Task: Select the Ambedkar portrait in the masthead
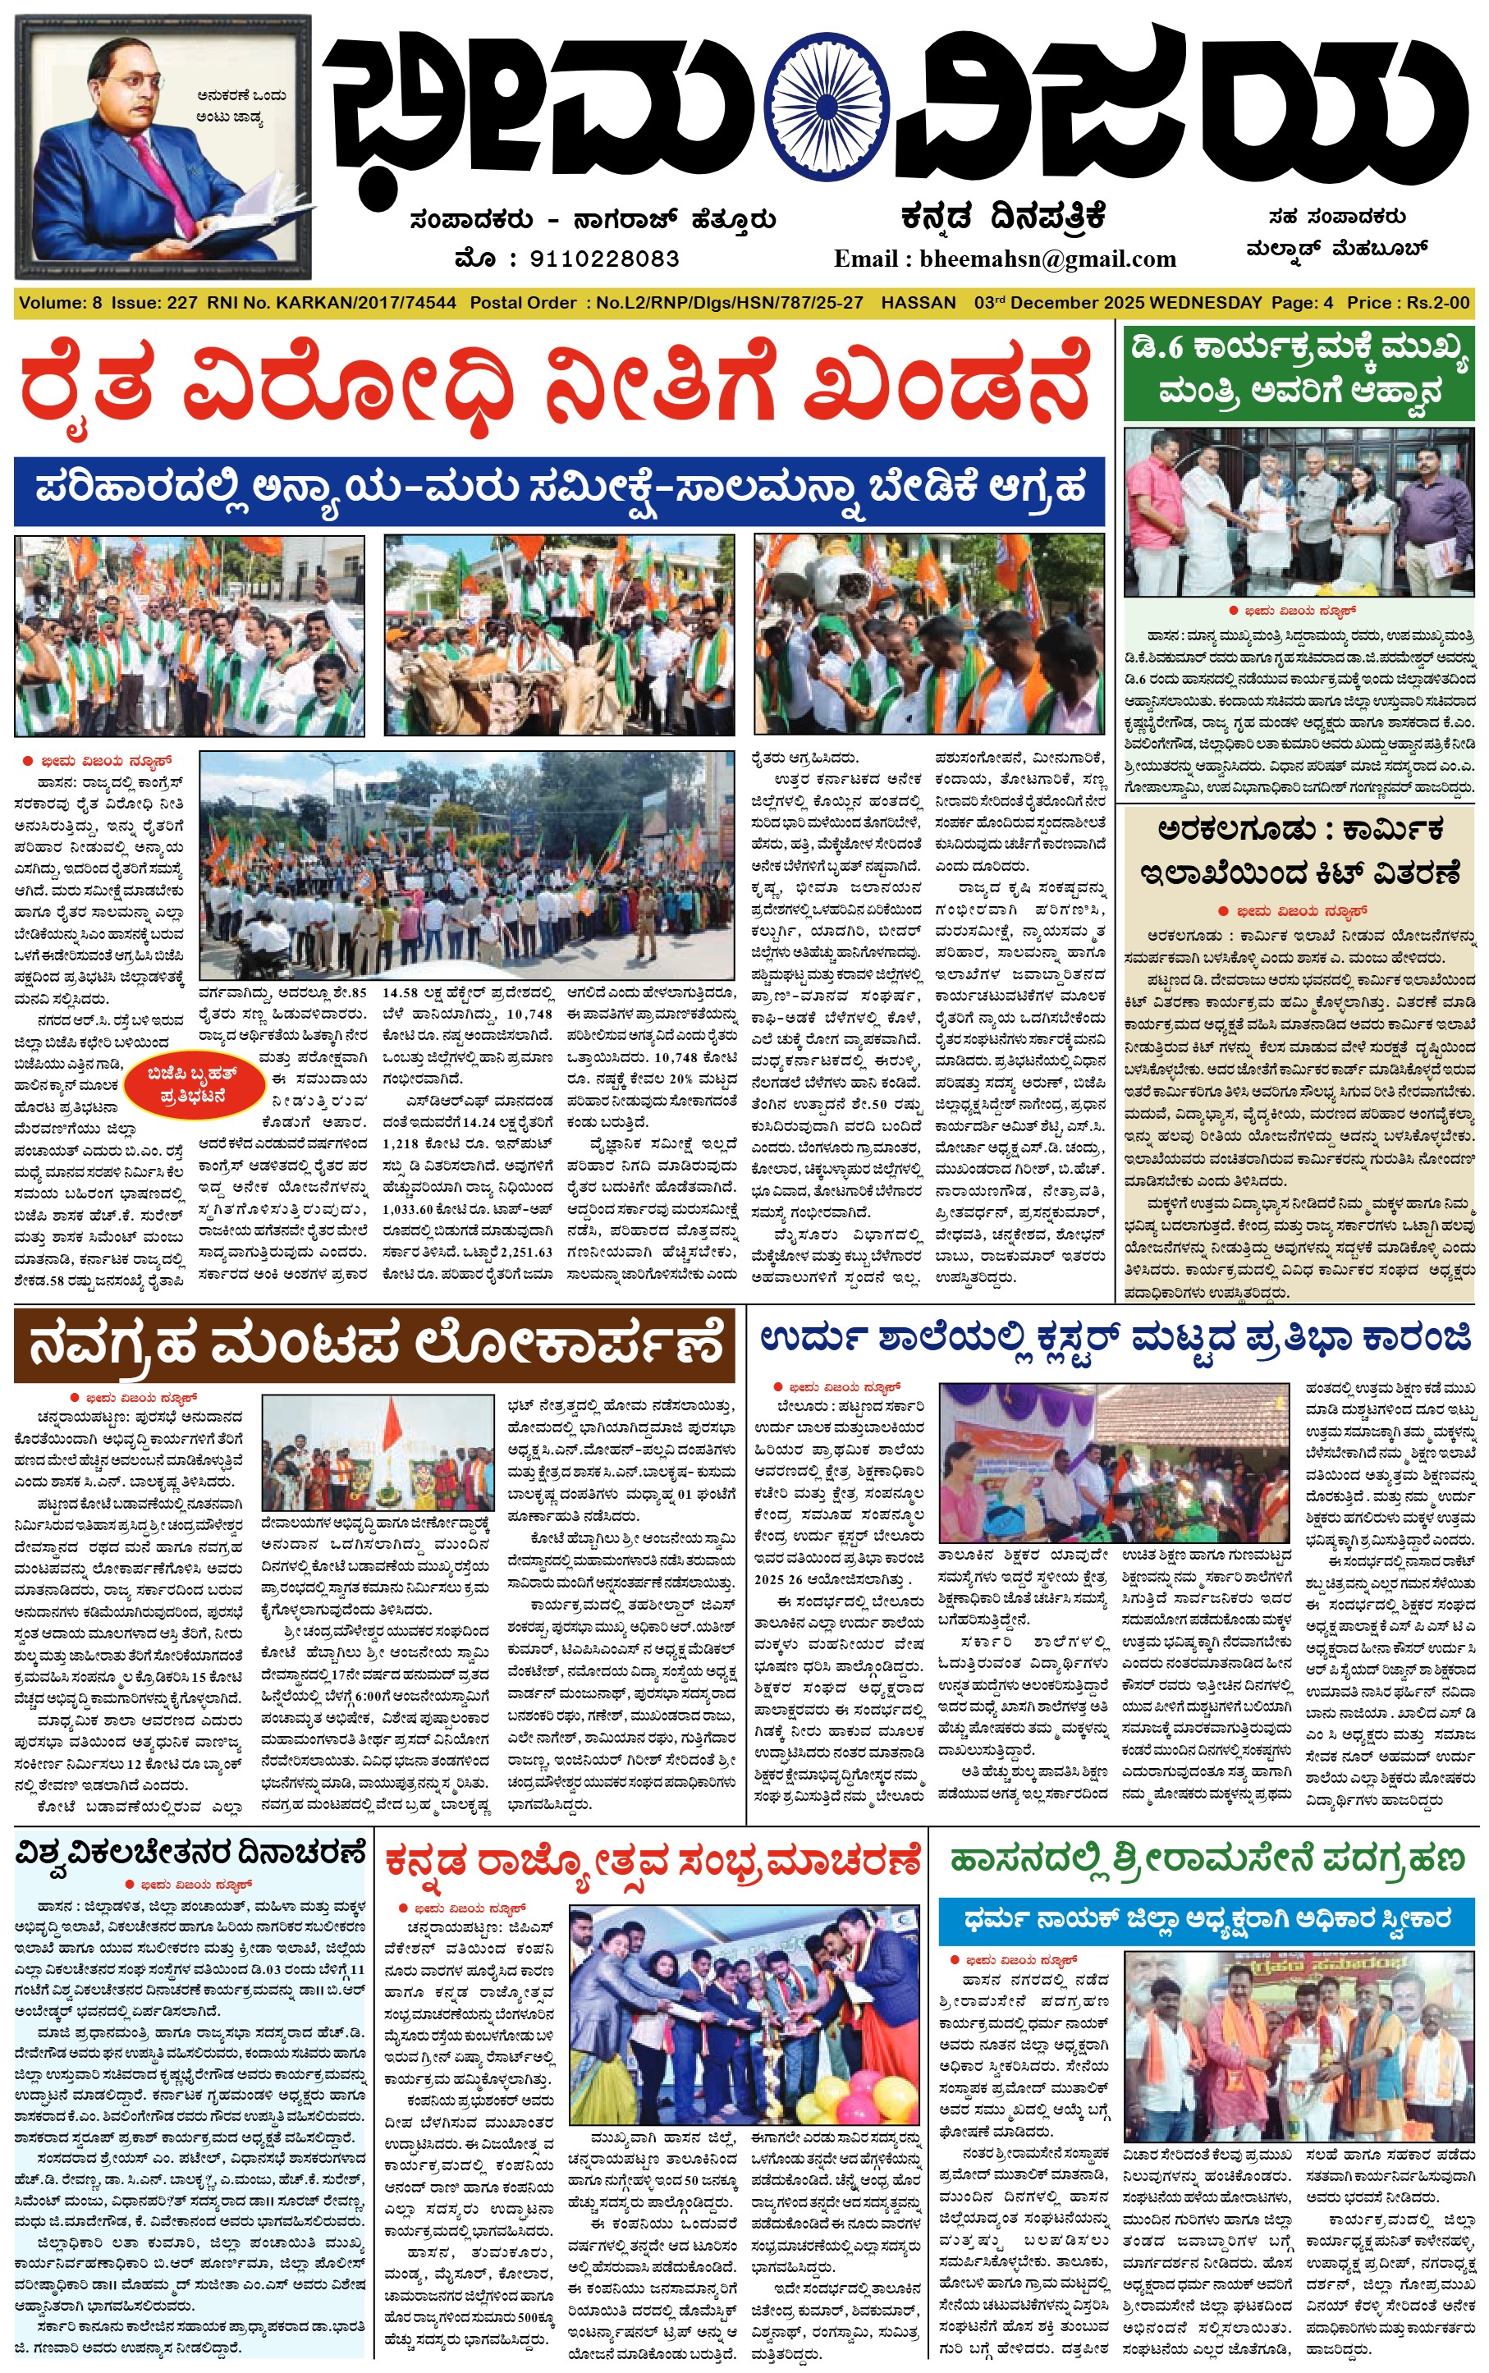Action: click(x=163, y=148)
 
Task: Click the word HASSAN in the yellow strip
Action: click(x=918, y=303)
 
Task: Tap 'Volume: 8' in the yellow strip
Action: click(x=60, y=303)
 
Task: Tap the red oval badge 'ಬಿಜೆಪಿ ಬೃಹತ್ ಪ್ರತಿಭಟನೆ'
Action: click(x=192, y=1084)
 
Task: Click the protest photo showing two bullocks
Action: click(x=558, y=635)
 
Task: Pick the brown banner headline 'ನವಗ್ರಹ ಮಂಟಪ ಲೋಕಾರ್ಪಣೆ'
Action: click(x=374, y=1344)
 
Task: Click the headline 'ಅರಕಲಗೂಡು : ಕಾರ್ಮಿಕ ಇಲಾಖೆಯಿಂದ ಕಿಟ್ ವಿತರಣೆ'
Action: click(x=1299, y=850)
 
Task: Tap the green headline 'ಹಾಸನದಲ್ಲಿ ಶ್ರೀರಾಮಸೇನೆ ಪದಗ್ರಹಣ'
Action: click(x=1207, y=1859)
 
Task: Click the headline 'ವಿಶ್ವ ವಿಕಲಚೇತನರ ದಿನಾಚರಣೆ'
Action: click(x=190, y=1853)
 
